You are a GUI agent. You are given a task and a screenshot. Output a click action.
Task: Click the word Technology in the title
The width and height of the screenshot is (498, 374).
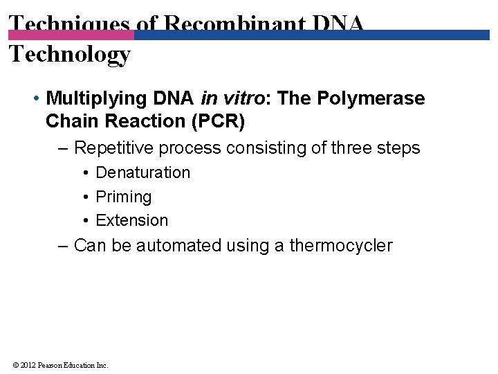point(70,54)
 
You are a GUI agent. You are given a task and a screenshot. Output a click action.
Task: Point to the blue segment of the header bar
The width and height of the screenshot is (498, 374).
point(311,35)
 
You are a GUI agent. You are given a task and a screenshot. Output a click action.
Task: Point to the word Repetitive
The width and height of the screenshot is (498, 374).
point(113,148)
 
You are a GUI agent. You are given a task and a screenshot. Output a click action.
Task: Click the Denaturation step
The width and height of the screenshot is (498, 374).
point(142,172)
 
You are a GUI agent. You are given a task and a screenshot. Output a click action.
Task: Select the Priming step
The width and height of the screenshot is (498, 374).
point(123,197)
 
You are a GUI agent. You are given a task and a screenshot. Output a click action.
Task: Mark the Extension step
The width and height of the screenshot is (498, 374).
point(131,220)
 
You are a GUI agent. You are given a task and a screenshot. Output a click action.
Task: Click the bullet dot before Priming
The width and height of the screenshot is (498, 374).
point(85,197)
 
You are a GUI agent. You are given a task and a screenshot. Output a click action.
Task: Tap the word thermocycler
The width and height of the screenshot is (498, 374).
point(341,246)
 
